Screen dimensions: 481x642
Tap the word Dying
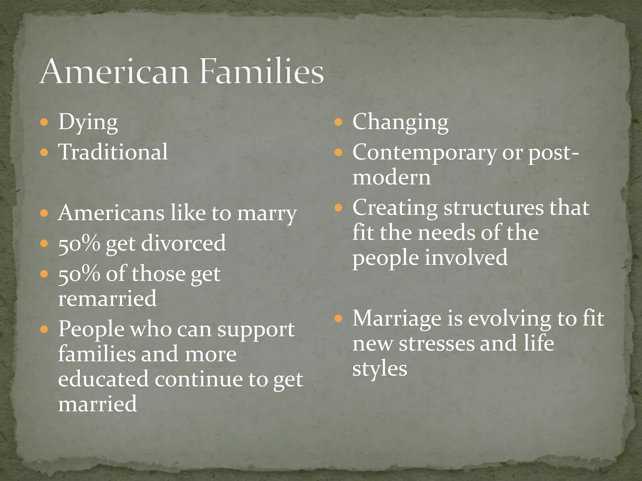pos(88,123)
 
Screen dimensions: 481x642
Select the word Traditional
pos(113,152)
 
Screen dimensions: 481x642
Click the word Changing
pos(400,123)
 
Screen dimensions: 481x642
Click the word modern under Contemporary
pos(392,178)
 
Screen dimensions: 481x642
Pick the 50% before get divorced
pos(79,243)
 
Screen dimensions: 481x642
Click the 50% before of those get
pos(79,274)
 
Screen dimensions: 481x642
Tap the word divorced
pos(183,243)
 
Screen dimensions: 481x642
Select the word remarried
pos(107,298)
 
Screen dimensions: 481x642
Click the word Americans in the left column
pos(111,213)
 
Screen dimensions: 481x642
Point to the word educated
pos(103,379)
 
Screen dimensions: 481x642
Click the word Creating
pos(395,208)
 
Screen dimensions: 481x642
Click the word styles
pos(380,369)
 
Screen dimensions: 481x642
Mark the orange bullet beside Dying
pos(44,122)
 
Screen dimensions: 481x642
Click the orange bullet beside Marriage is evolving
pos(338,319)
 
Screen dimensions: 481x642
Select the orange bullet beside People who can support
pos(44,329)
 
